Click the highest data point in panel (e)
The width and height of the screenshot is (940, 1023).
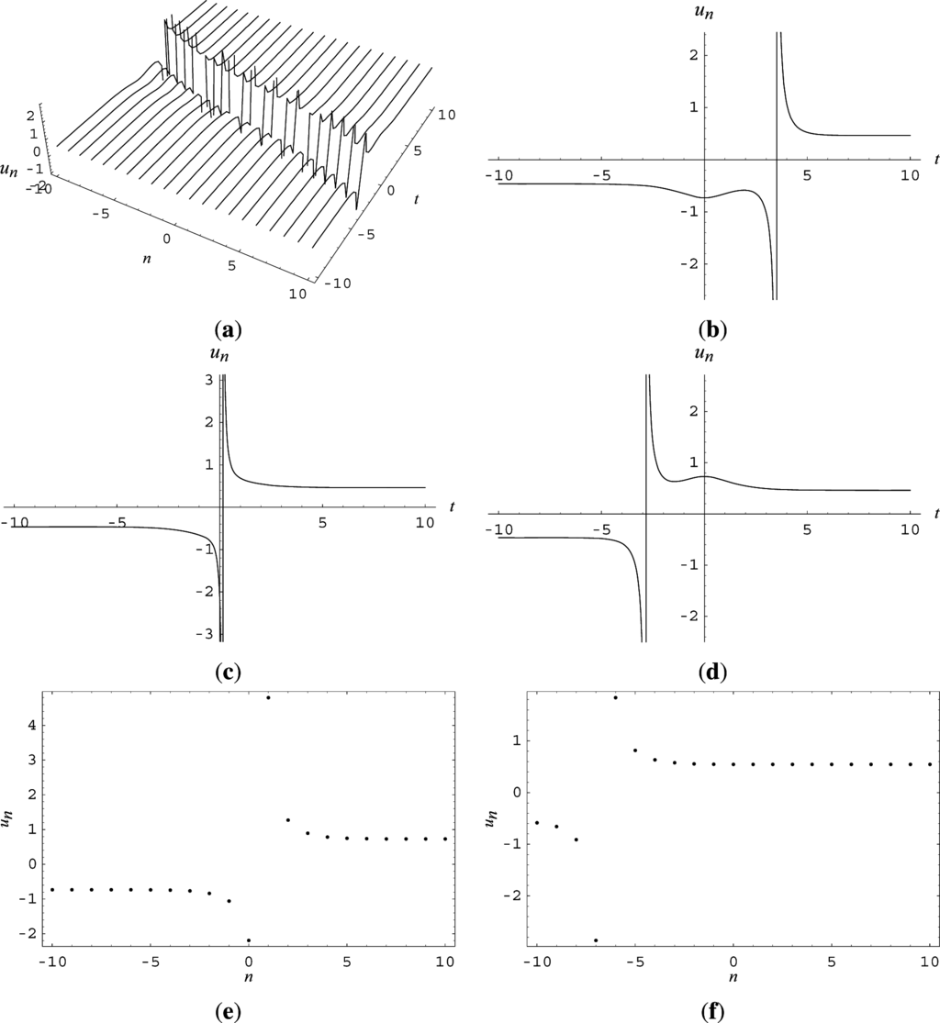point(268,698)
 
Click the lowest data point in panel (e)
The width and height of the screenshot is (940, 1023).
point(249,940)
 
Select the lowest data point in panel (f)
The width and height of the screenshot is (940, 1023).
point(596,940)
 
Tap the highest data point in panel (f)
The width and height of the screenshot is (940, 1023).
point(615,698)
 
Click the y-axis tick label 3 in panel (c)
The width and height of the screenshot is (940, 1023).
point(209,380)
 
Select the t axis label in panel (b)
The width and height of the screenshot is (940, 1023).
point(935,159)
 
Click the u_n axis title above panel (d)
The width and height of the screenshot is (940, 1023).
point(705,355)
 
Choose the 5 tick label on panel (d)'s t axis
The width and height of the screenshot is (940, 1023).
point(807,529)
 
